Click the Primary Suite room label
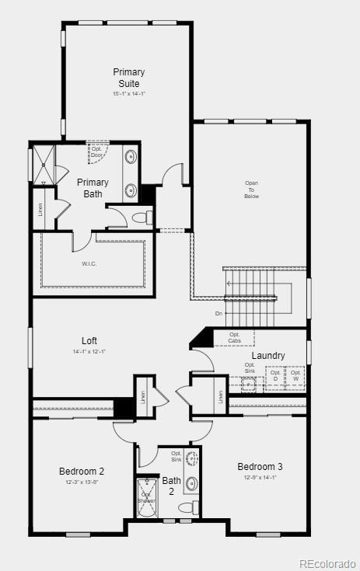coord(129,78)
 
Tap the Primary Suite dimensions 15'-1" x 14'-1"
coord(129,94)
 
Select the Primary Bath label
coord(93,188)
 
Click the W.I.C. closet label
coord(89,263)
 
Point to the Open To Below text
coord(252,190)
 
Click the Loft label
coord(90,340)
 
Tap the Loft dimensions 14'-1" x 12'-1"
coord(90,352)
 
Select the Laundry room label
coord(268,356)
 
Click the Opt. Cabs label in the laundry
coord(235,338)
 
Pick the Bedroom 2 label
coord(82,471)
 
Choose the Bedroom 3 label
coord(260,466)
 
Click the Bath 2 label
coord(171,486)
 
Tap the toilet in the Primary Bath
coord(141,218)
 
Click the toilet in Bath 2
coord(187,507)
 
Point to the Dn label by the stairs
coord(219,314)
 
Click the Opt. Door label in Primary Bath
coord(96,151)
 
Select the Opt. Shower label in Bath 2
coord(147,498)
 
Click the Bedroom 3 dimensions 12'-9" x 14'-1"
coord(260,478)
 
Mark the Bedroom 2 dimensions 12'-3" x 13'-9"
coord(82,482)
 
